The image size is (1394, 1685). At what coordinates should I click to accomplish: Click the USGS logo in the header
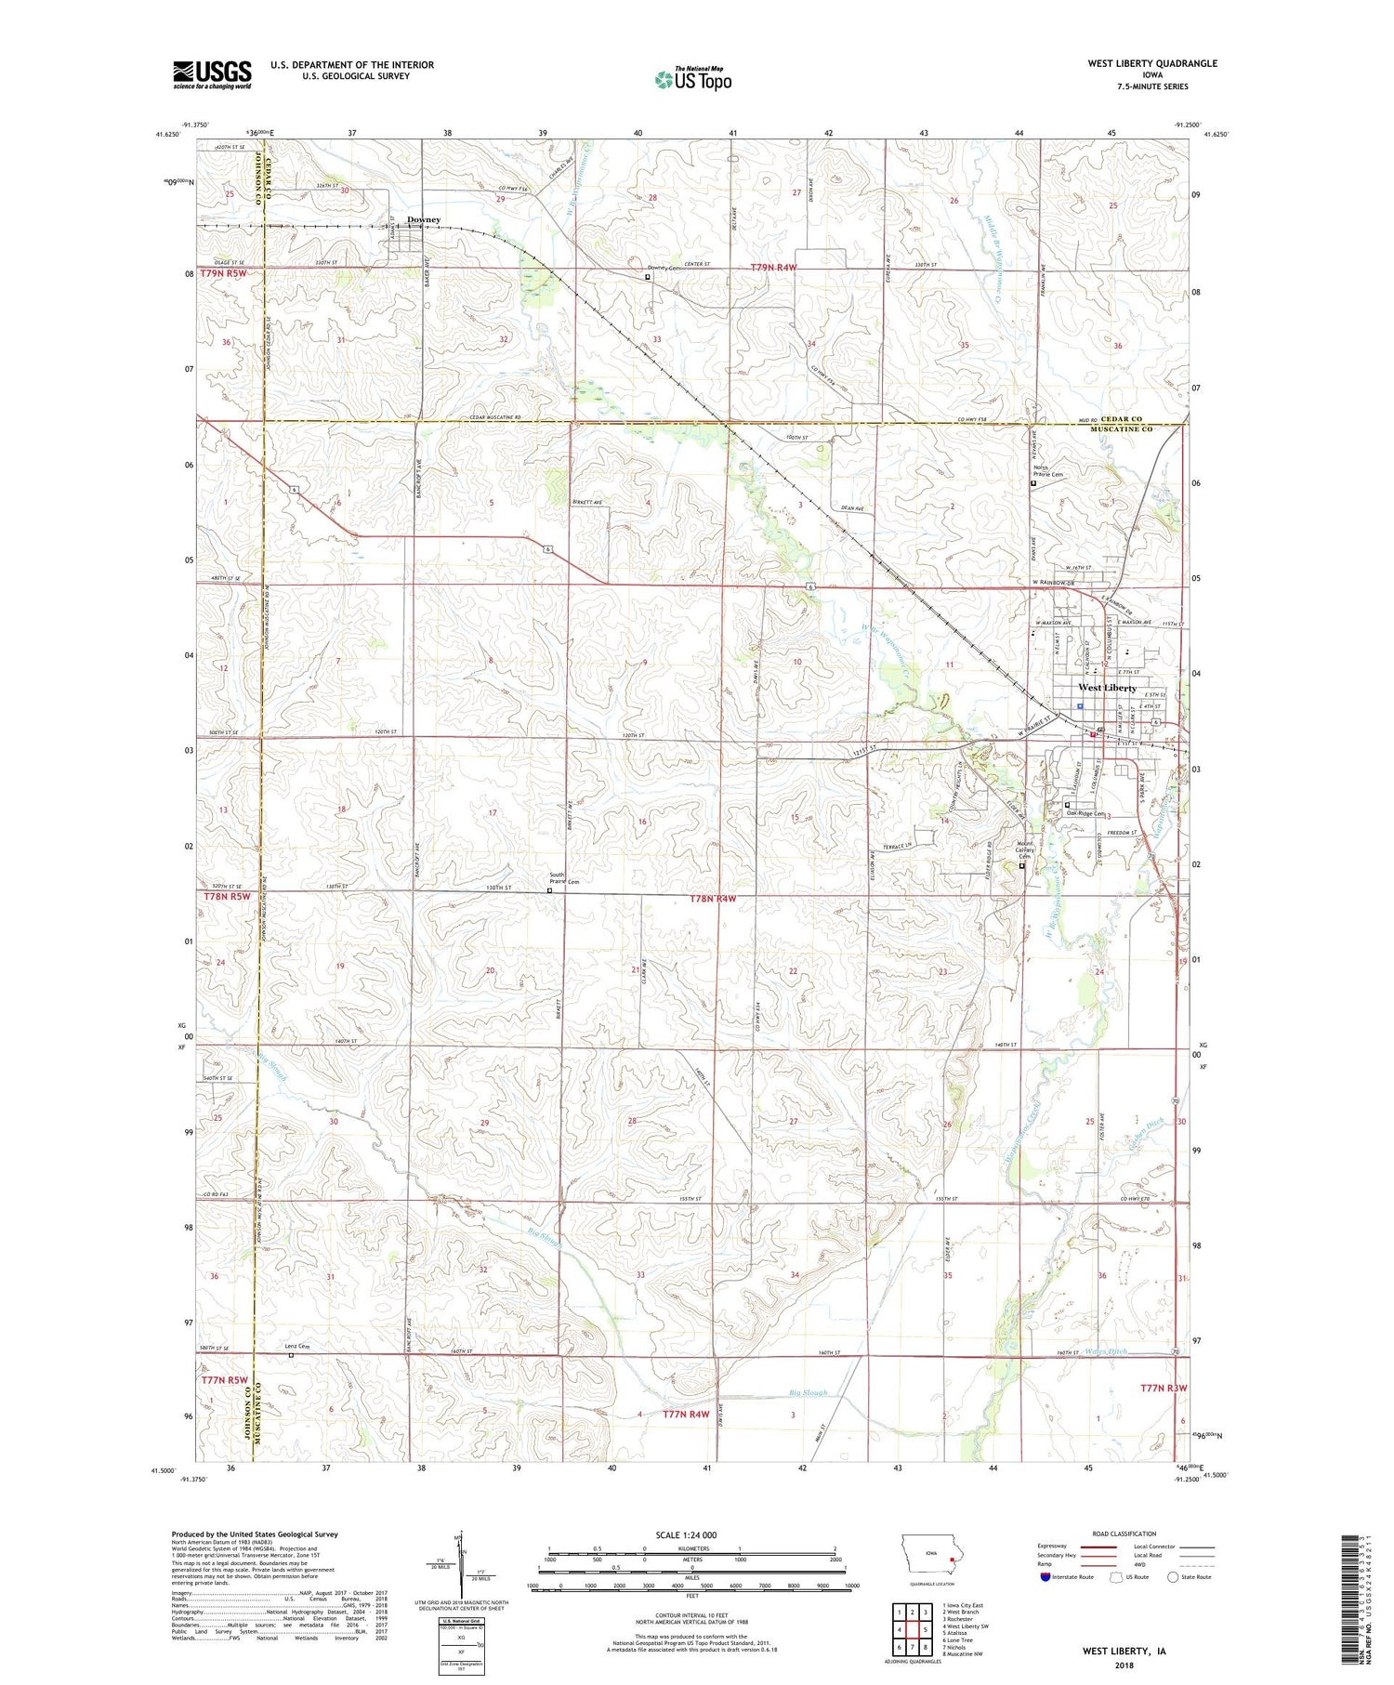pyautogui.click(x=212, y=74)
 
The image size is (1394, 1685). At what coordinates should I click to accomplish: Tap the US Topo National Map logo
pyautogui.click(x=692, y=79)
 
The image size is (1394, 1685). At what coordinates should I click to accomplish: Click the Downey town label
pyautogui.click(x=424, y=220)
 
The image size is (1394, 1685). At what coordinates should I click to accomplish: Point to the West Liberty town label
pyautogui.click(x=1107, y=688)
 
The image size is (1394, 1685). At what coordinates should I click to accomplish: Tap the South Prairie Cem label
pyautogui.click(x=557, y=878)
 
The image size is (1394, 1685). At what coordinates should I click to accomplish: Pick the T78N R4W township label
pyautogui.click(x=714, y=899)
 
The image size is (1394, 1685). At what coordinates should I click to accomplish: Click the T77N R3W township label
pyautogui.click(x=1164, y=1388)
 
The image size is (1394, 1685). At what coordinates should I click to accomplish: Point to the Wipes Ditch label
pyautogui.click(x=1106, y=1351)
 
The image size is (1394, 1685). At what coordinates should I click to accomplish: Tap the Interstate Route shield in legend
pyautogui.click(x=1045, y=1577)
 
